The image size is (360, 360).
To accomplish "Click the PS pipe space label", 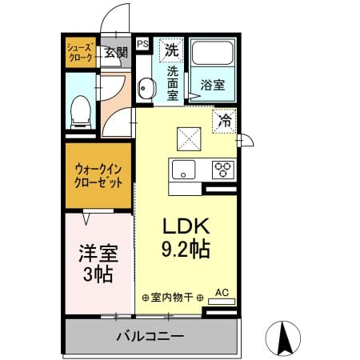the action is [x=142, y=44].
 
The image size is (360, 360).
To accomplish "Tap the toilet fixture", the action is [x=81, y=112].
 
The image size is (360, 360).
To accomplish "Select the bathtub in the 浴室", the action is [x=213, y=53].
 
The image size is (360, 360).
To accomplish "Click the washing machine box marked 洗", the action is [x=171, y=50].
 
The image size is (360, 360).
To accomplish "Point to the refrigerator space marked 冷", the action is [x=224, y=121].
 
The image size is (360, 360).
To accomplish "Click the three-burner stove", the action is [x=223, y=170].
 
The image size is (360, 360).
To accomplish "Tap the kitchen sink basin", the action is [x=183, y=170].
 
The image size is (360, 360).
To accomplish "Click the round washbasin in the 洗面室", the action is [x=146, y=88].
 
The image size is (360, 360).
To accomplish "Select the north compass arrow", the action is [x=283, y=338].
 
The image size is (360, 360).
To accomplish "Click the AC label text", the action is [x=222, y=293].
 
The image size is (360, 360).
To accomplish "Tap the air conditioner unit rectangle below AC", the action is [x=222, y=302].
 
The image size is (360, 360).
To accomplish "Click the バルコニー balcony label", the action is [x=150, y=336].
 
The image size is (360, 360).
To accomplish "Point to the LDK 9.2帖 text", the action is [x=186, y=238].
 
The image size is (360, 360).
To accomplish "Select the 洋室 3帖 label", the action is [x=98, y=263].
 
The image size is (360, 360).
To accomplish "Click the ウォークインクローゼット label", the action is [x=98, y=176].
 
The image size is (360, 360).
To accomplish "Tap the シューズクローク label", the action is [x=81, y=53].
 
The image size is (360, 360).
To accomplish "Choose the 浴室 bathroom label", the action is [x=213, y=85].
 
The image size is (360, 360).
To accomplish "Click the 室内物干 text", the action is [x=172, y=298].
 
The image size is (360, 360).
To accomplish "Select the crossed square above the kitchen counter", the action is [x=189, y=139].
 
